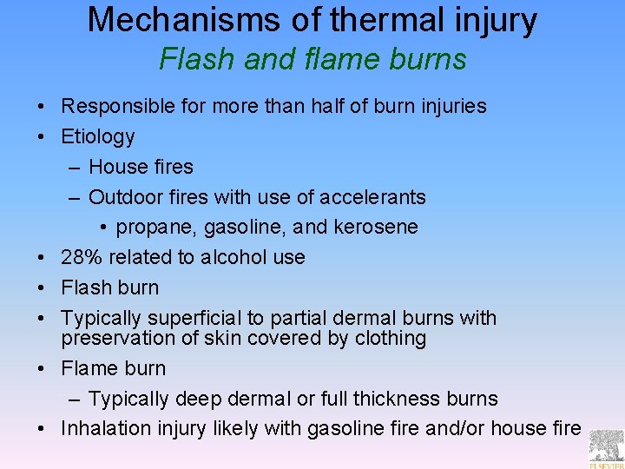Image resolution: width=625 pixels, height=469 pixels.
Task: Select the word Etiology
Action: tap(98, 136)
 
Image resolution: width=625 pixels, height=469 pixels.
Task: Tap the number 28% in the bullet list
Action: tap(79, 257)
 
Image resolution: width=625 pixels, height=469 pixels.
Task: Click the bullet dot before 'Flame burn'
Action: tap(43, 369)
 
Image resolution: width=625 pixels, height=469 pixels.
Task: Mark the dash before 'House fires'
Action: tap(74, 167)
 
